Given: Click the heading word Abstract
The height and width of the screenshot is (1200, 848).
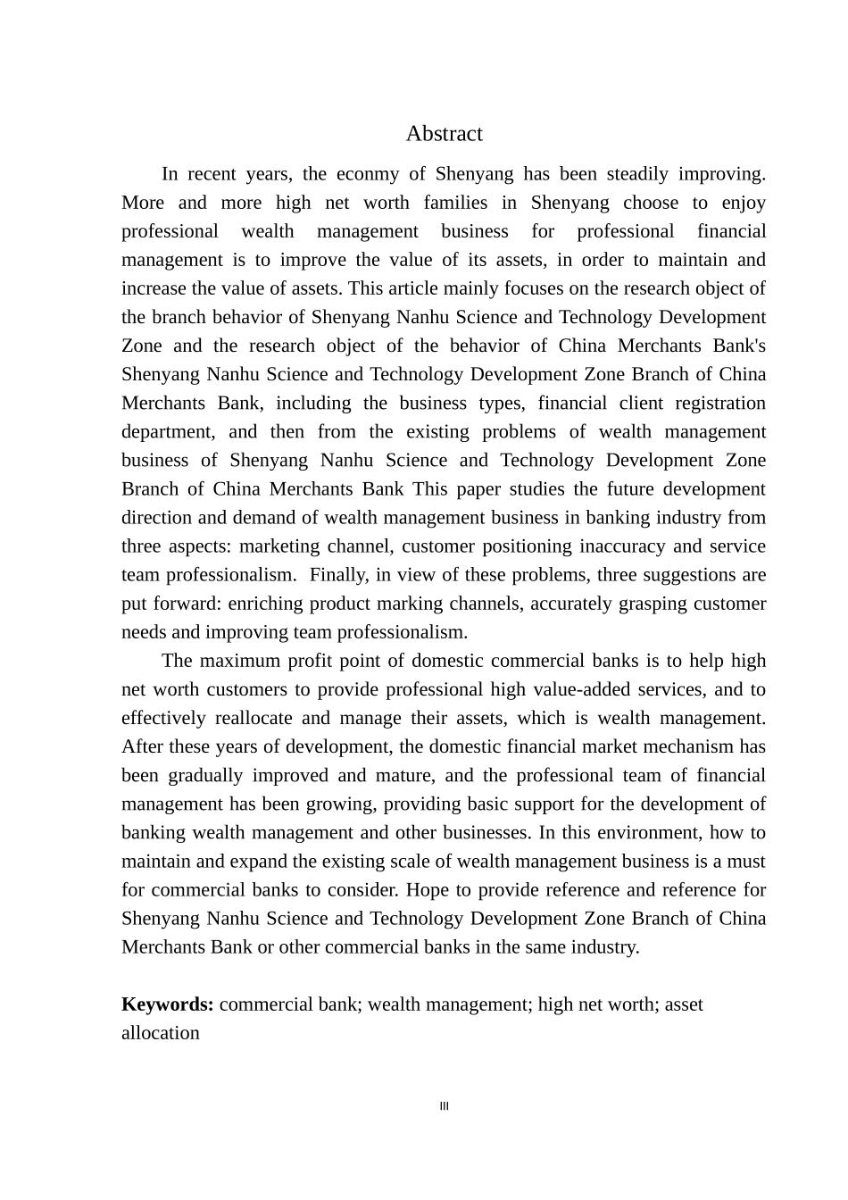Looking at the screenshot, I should click(444, 134).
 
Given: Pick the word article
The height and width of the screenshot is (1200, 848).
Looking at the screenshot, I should click(426, 288).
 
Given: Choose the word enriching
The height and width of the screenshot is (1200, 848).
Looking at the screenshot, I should click(263, 603).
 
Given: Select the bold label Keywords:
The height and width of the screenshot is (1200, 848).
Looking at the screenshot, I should click(167, 1004).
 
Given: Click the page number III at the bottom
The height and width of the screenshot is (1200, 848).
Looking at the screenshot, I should click(445, 1106).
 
